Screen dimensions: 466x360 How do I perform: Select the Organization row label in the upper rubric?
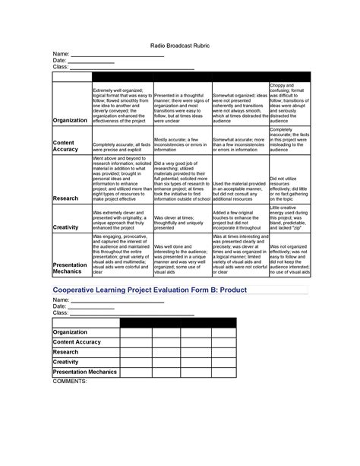pyautogui.click(x=69, y=120)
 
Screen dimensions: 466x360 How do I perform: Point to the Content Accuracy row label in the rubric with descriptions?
pyautogui.click(x=65, y=145)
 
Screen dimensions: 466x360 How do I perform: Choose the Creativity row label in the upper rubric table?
pyautogui.click(x=66, y=227)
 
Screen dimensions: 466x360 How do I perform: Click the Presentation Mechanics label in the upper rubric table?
pyautogui.click(x=68, y=266)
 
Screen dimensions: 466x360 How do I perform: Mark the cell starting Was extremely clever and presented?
pyautogui.click(x=121, y=219)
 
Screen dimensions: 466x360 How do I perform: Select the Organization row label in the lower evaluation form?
pyautogui.click(x=69, y=331)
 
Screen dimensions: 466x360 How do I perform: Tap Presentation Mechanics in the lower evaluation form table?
pyautogui.click(x=83, y=372)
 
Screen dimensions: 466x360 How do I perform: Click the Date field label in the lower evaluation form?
pyautogui.click(x=59, y=306)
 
